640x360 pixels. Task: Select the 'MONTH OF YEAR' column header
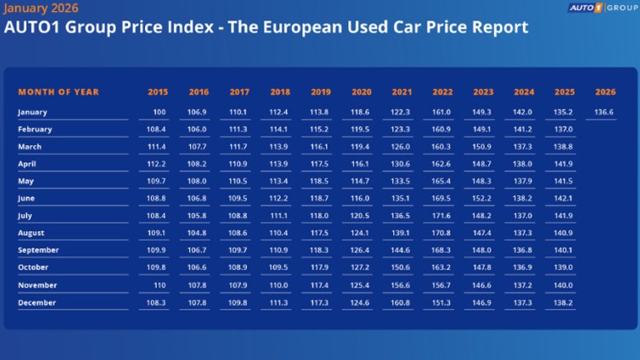(x=59, y=92)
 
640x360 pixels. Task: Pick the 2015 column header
(x=158, y=92)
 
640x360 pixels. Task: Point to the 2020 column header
(x=362, y=92)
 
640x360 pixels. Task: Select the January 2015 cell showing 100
(x=159, y=112)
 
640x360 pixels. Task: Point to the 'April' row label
(x=28, y=164)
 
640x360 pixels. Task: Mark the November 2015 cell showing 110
(x=159, y=286)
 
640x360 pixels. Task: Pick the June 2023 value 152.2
(x=483, y=199)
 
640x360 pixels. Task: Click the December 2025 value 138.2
(x=563, y=303)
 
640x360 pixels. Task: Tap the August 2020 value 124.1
(x=362, y=234)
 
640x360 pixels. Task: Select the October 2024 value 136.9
(x=523, y=268)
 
